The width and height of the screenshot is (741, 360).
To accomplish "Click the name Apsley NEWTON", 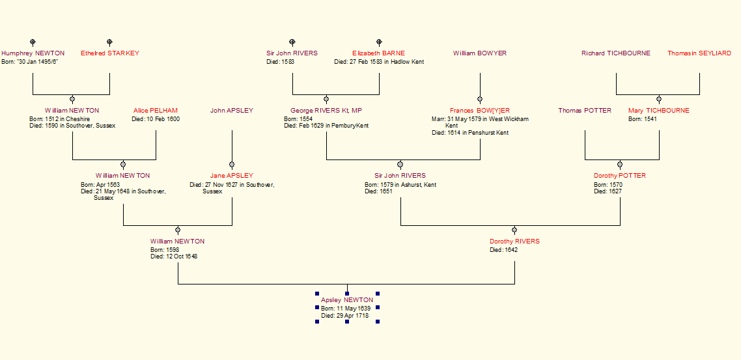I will point(347,300).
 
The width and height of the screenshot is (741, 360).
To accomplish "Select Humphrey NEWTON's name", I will point(33,53).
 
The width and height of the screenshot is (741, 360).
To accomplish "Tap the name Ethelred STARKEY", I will point(110,53).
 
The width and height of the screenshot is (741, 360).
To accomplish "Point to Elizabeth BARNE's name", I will point(378,53).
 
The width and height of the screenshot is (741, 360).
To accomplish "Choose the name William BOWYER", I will point(480,53).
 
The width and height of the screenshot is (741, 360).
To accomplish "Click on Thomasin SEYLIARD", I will point(699,53).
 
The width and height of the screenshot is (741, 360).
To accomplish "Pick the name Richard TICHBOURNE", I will point(616,53).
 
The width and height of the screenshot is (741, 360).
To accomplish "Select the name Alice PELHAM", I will point(156,111).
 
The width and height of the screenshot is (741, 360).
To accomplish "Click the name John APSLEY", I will point(232,111).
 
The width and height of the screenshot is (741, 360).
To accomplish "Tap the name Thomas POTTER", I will point(585,111).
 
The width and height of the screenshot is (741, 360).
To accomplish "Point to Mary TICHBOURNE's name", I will point(659,111).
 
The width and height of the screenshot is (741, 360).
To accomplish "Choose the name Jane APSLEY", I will point(232,176).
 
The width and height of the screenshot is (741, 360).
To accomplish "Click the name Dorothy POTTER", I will point(620,176).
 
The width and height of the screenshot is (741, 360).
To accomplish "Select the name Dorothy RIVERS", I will point(514,242).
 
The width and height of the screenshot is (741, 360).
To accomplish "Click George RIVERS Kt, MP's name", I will point(326,111).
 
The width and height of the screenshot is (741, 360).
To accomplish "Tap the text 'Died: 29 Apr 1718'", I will point(345,316).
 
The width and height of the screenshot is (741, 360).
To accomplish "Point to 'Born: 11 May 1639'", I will point(345,308).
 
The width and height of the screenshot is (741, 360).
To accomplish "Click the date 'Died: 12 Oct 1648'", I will point(174,256).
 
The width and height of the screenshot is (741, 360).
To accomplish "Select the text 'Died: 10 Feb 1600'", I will point(156,119).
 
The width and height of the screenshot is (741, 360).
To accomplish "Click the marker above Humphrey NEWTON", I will point(33,42).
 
